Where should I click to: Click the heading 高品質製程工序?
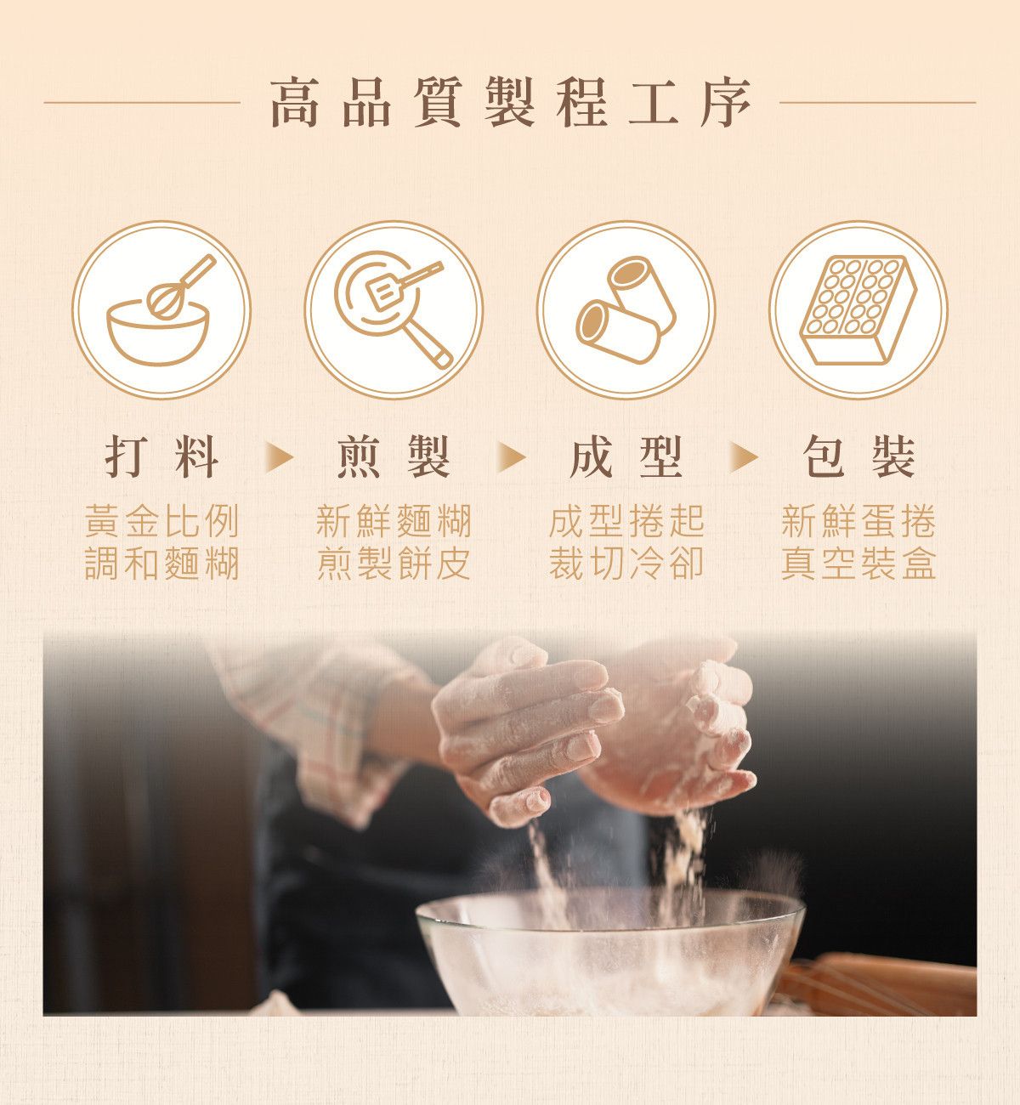click(x=510, y=103)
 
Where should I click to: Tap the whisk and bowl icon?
click(x=161, y=310)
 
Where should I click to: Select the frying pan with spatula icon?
click(x=394, y=310)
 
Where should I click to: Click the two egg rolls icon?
click(x=626, y=310)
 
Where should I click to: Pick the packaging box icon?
click(x=858, y=310)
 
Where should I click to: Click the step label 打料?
click(x=161, y=458)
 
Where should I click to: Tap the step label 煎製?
click(x=394, y=458)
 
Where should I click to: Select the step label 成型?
click(x=626, y=458)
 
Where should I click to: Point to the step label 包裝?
click(x=858, y=458)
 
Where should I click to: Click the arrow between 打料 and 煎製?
click(x=277, y=458)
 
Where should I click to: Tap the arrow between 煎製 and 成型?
click(x=510, y=458)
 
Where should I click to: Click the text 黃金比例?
click(x=161, y=521)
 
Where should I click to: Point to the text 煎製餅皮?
click(x=394, y=564)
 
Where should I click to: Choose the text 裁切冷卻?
click(x=626, y=564)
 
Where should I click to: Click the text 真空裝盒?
click(x=858, y=564)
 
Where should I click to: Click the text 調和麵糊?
click(x=161, y=564)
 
